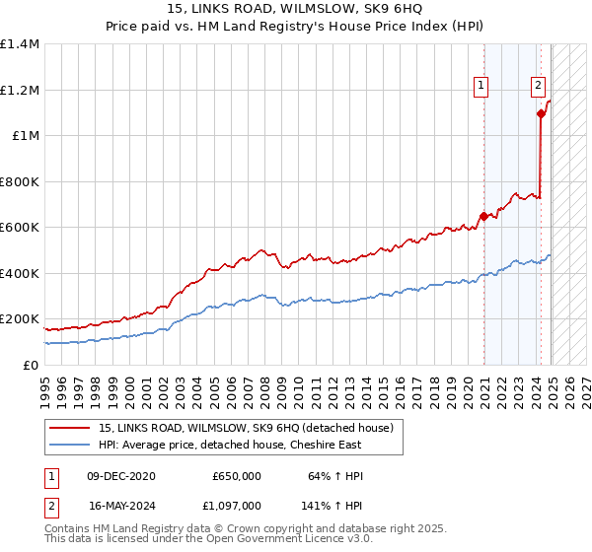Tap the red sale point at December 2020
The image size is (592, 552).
pyautogui.click(x=483, y=216)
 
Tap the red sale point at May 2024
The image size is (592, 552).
pyautogui.click(x=541, y=113)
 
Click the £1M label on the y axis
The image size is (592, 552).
pyautogui.click(x=27, y=136)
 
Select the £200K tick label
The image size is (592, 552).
pyautogui.click(x=20, y=319)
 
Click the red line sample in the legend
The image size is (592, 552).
pyautogui.click(x=69, y=427)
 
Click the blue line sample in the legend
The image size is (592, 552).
pyautogui.click(x=69, y=444)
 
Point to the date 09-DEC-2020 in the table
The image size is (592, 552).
pyautogui.click(x=121, y=476)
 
